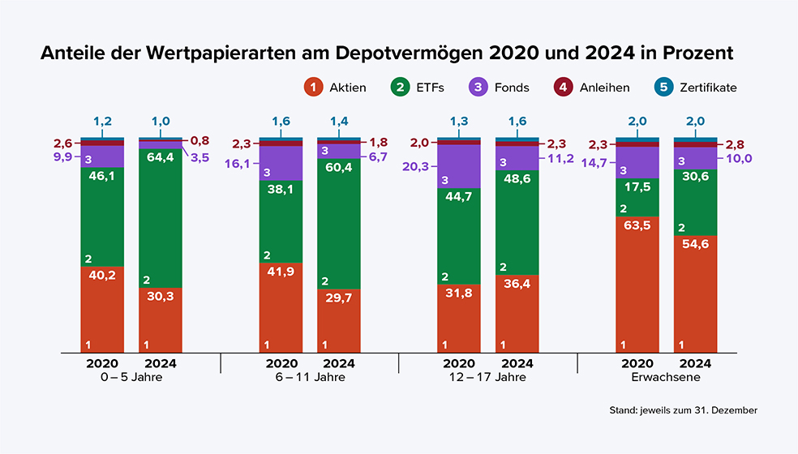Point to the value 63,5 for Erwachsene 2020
point(637,226)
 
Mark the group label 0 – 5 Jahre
point(131,377)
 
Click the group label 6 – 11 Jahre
point(310,377)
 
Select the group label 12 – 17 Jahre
point(488,377)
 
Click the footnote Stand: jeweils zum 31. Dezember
point(684,411)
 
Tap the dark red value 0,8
point(199,141)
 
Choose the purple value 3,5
point(199,158)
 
